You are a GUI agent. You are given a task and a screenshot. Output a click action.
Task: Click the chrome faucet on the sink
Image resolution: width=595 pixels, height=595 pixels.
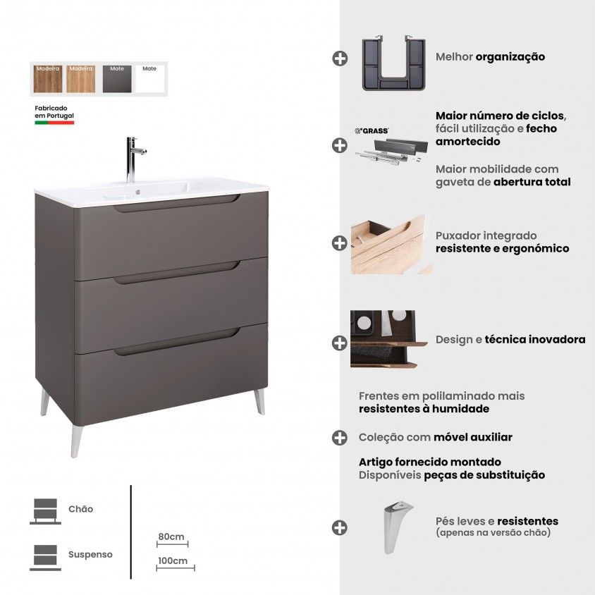click(x=131, y=159)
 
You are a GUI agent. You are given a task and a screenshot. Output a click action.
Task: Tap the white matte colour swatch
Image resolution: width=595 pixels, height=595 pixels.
click(x=149, y=78)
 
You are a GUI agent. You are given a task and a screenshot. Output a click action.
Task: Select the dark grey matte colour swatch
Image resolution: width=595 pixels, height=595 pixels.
click(x=117, y=78)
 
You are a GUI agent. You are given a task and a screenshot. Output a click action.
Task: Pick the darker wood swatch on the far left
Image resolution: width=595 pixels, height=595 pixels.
click(x=48, y=78)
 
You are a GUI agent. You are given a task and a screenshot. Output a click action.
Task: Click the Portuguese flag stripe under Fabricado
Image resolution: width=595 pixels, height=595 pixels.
click(x=54, y=123)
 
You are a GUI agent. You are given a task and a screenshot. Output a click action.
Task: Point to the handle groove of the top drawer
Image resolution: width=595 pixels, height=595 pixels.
click(x=177, y=204)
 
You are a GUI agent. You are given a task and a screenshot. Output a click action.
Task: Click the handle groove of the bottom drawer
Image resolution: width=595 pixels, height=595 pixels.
click(x=177, y=343)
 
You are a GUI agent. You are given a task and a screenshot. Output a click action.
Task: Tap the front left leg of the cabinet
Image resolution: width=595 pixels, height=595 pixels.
click(x=77, y=441)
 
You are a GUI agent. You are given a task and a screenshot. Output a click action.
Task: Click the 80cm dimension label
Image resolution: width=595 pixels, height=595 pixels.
click(x=171, y=536)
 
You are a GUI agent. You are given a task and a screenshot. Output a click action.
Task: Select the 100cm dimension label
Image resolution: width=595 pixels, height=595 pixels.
click(x=173, y=560)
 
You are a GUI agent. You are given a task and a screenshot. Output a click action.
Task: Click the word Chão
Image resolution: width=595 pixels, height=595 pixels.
click(x=80, y=509)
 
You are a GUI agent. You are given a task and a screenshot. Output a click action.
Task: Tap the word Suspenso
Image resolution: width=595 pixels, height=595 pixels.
click(x=90, y=554)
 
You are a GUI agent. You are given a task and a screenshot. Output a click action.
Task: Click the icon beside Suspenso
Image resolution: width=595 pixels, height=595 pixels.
click(x=46, y=558)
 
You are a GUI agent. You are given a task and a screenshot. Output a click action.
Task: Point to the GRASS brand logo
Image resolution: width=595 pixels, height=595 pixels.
click(x=372, y=131)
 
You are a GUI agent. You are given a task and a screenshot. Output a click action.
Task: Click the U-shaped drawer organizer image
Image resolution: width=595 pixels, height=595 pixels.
click(x=394, y=63)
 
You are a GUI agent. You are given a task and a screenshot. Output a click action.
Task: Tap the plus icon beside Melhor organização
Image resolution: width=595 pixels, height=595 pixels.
click(x=340, y=59)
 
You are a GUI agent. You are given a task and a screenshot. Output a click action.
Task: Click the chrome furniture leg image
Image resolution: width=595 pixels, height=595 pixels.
click(x=398, y=527)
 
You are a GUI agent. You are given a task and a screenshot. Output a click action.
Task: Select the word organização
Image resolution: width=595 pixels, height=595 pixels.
click(x=510, y=57)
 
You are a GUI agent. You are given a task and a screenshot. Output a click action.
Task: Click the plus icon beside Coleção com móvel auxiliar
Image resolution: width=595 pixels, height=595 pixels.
click(x=339, y=438)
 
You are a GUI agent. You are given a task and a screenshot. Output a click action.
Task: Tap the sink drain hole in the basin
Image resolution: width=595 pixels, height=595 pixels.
click(x=137, y=192)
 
